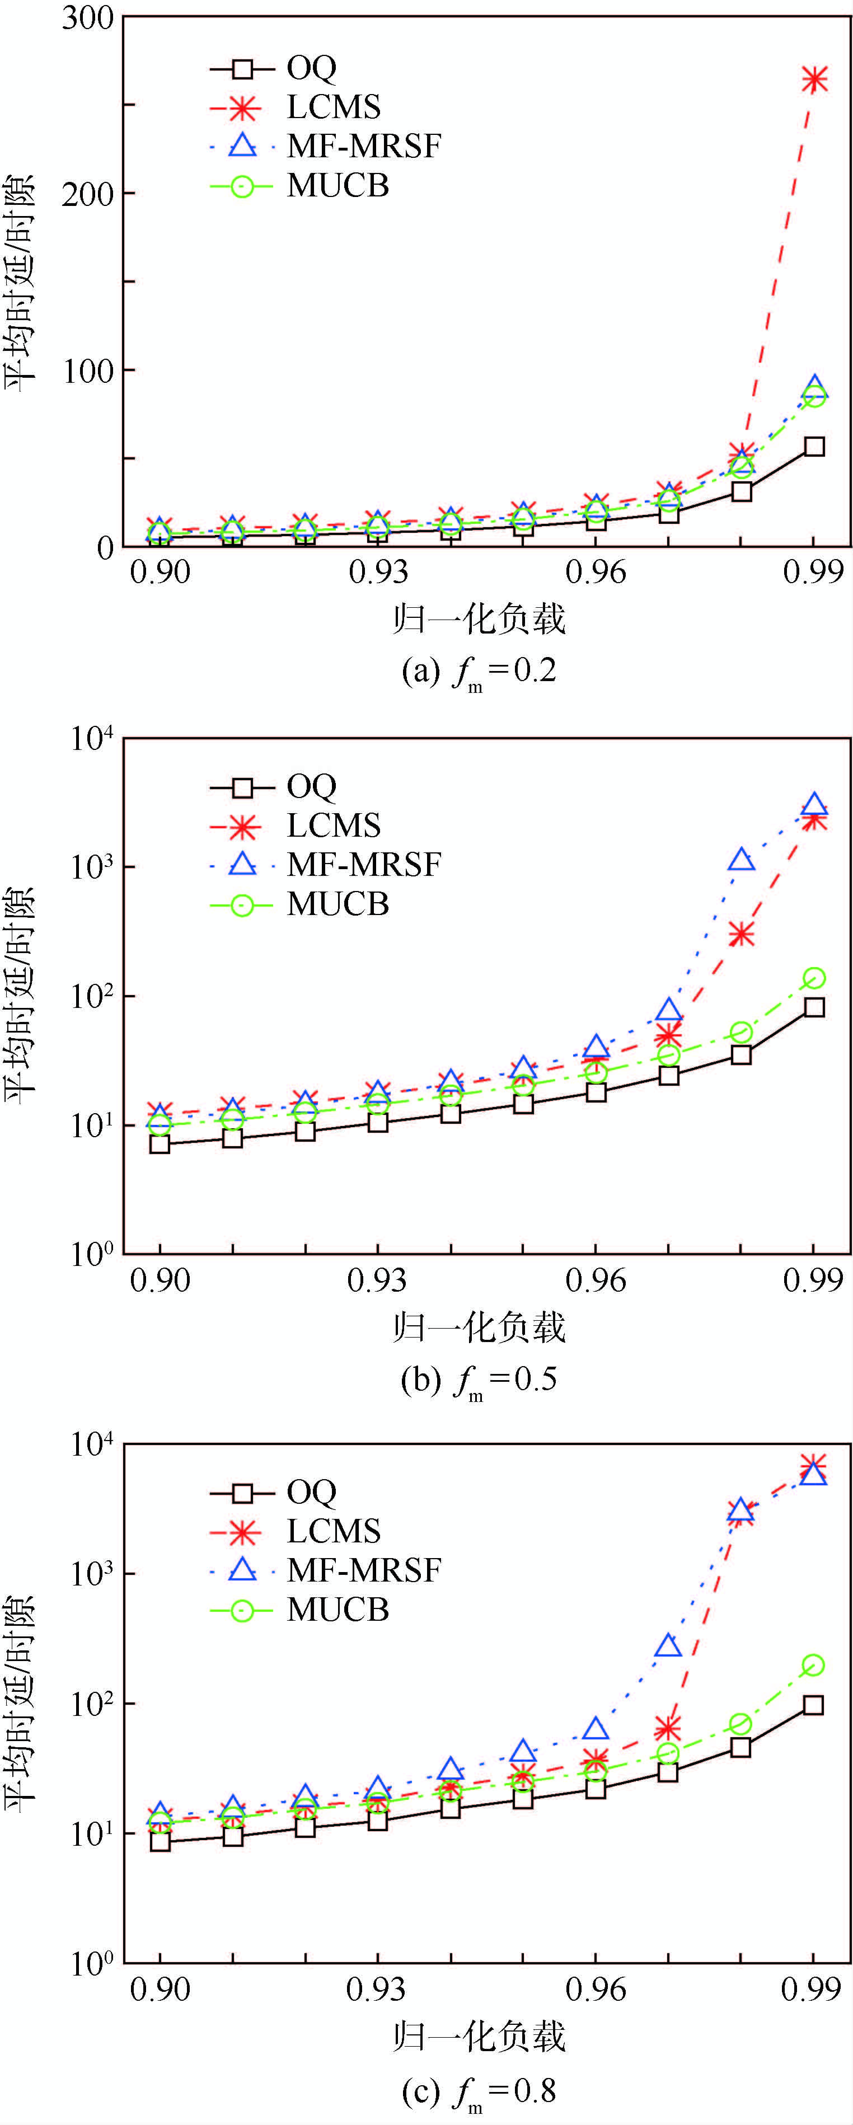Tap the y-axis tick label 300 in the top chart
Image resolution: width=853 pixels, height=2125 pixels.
point(87,18)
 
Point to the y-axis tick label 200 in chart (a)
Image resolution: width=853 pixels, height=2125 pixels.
point(87,195)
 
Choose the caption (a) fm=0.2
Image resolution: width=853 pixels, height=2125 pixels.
point(479,670)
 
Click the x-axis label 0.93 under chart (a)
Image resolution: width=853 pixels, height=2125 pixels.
point(378,571)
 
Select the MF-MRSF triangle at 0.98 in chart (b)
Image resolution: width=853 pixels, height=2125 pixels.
point(742,860)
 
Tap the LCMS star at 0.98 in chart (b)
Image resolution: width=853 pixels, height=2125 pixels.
point(742,935)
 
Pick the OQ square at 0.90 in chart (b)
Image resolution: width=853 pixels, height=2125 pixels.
point(160,1144)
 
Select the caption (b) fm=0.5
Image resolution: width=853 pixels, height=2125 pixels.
point(479,1380)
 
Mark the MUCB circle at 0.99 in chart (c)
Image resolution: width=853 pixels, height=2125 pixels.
point(813,1666)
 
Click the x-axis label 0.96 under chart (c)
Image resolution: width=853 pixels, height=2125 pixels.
point(596,1989)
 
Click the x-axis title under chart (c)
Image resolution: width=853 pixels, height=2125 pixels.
point(479,2036)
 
